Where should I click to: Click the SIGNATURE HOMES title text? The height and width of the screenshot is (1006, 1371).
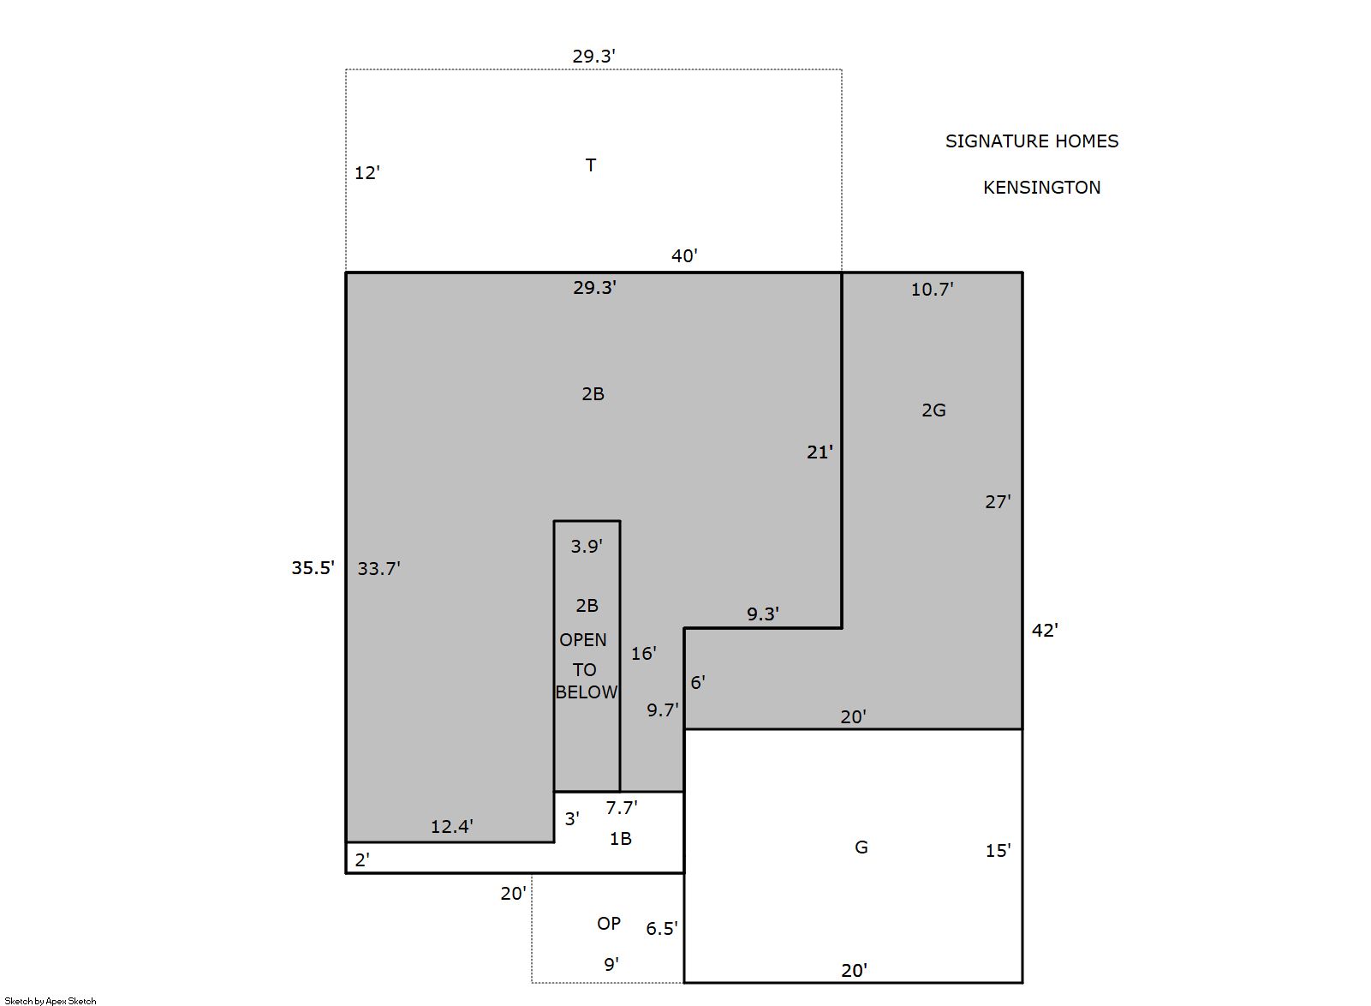pos(1032,141)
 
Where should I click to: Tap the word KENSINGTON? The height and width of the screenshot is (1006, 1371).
pos(1041,188)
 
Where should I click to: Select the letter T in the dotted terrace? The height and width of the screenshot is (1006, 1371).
pos(591,165)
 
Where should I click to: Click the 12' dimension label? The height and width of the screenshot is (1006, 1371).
pos(367,173)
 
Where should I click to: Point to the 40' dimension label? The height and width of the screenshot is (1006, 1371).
pos(684,255)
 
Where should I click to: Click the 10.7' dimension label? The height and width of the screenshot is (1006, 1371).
pos(933,289)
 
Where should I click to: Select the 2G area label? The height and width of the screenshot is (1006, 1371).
pos(934,410)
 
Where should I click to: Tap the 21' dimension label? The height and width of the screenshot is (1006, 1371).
pos(820,452)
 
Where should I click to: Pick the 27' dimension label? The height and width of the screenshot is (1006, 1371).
pos(998,501)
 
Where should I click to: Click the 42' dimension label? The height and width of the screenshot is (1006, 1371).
pos(1045,630)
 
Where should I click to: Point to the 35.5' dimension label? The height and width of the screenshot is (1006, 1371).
pos(313,567)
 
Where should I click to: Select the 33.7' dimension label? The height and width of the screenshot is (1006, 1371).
pos(379,568)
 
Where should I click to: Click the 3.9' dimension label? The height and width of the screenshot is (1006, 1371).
pos(587,546)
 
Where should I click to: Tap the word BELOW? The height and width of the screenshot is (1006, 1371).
pos(587,692)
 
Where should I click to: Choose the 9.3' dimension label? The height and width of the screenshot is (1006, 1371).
pos(763,614)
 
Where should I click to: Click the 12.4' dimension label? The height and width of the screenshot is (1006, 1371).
pos(451,827)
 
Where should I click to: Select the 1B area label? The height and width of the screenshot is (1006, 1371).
pos(621,839)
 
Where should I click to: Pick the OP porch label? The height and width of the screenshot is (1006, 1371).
pos(609,924)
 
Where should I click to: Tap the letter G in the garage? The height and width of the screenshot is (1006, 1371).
pos(861,847)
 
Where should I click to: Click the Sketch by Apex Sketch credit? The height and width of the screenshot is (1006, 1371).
pos(51,1001)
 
